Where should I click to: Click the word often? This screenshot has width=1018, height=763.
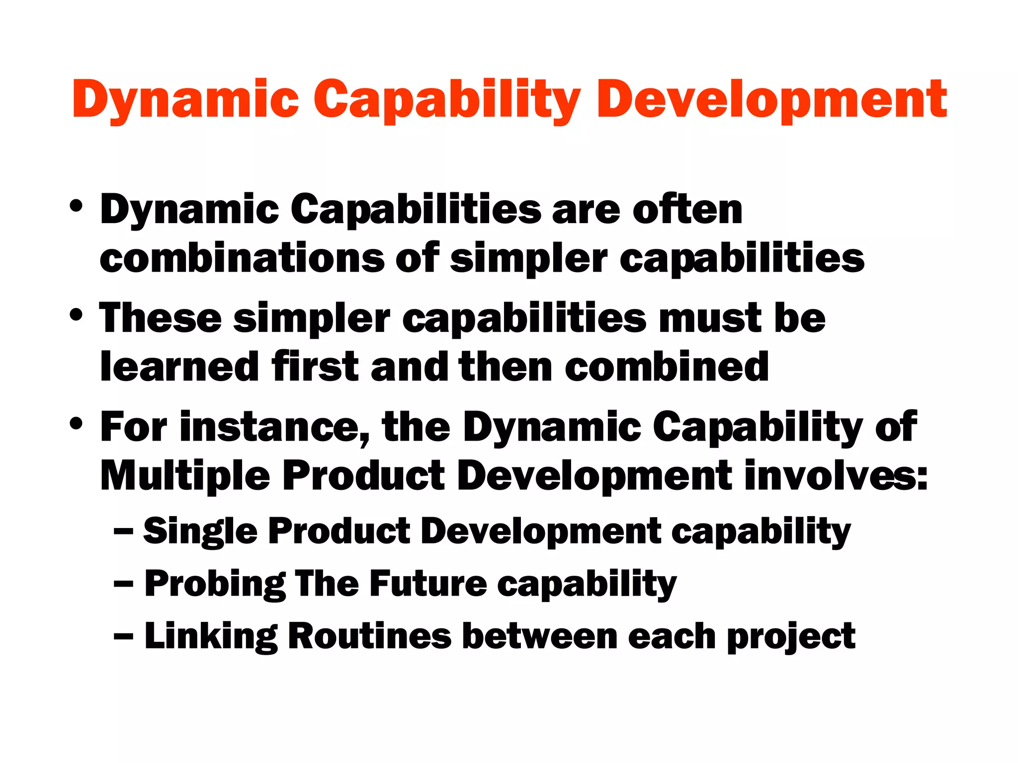point(687,210)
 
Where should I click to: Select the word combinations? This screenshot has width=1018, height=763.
point(242,258)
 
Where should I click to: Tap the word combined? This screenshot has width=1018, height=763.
point(667,367)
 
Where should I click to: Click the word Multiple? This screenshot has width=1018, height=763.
point(185,476)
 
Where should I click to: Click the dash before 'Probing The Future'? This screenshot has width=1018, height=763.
point(123,584)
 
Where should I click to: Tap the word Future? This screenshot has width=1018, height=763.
point(427,584)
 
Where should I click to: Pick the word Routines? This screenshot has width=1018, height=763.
point(369,636)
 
